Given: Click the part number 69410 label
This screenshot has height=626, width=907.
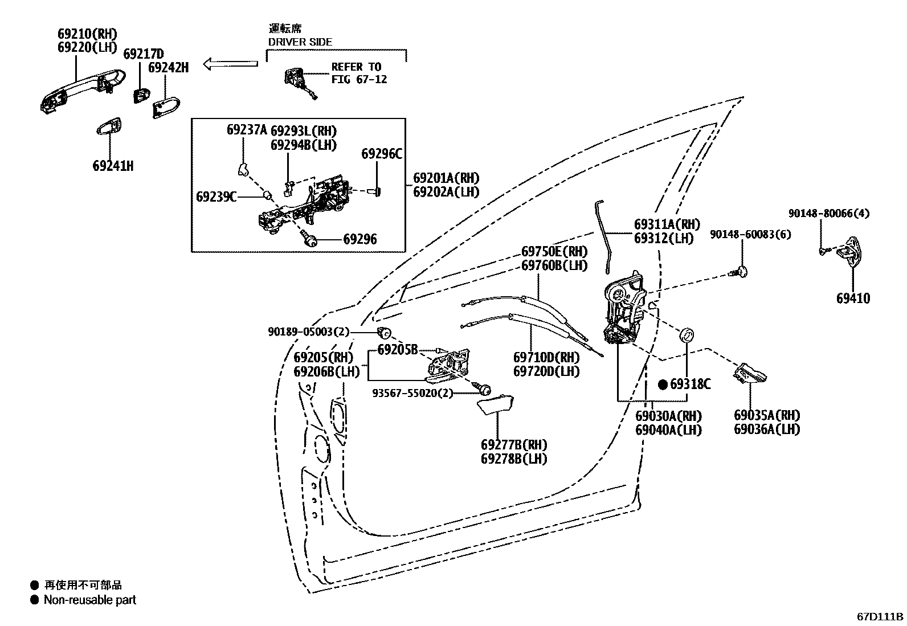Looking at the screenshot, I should click(853, 298).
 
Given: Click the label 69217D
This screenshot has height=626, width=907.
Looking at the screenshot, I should click(144, 54).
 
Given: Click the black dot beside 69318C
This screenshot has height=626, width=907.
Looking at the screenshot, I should click(663, 384).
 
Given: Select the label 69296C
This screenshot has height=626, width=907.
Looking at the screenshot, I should click(382, 154).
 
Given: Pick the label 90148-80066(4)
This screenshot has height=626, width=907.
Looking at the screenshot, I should click(828, 214).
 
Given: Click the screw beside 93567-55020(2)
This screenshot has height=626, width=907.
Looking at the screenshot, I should click(485, 390).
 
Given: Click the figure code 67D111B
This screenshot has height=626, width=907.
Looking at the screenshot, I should click(880, 616).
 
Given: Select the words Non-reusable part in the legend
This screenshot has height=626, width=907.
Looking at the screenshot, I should click(89, 600).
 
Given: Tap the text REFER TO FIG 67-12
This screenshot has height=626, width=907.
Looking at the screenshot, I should click(359, 73).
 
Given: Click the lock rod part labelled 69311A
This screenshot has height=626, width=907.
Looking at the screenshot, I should click(602, 234).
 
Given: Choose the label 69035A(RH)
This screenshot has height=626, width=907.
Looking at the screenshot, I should click(766, 415).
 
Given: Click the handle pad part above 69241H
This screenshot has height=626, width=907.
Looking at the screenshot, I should click(109, 127).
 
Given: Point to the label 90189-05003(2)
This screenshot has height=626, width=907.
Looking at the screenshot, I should click(309, 332).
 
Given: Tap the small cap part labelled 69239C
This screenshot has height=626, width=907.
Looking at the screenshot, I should click(266, 197).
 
